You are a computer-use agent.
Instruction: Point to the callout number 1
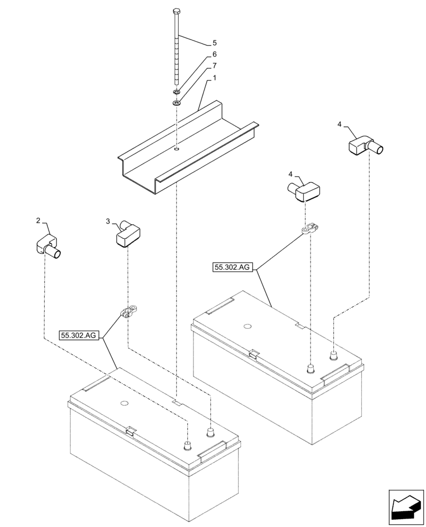(214, 78)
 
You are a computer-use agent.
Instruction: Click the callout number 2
(38, 220)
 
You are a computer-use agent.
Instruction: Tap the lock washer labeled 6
(177, 93)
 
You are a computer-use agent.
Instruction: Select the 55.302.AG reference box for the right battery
(233, 268)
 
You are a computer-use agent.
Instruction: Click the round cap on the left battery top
(125, 404)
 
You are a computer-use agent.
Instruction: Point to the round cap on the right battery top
(247, 326)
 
